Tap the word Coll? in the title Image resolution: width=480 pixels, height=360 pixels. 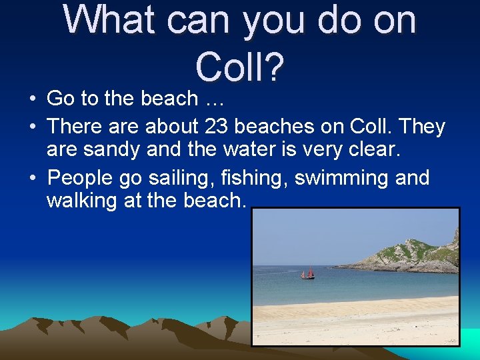pos(241,65)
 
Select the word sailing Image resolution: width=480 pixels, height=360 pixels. pos(173,179)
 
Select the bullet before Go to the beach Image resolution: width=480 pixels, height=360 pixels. pos(32,99)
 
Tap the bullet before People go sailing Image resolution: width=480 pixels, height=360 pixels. pos(32,179)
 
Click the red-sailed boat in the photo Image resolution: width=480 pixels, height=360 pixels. pos(307,273)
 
